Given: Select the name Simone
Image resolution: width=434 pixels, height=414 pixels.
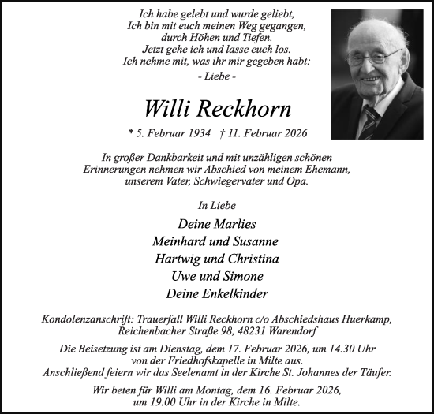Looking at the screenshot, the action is (x=241, y=276).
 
